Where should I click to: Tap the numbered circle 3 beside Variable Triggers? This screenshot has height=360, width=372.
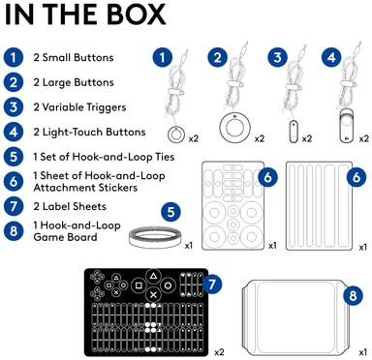pos(14,106)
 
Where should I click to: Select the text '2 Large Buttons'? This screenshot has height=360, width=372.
pos(74,82)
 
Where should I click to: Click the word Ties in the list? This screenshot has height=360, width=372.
pos(164,157)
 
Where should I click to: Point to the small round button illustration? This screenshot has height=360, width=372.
pos(175,135)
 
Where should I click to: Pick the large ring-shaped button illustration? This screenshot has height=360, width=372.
pos(234,128)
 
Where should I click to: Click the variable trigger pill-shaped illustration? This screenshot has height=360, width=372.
pos(294,132)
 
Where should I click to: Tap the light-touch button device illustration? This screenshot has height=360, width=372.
pos(347,126)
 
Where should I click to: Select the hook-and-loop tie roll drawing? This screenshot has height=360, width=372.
pos(154,237)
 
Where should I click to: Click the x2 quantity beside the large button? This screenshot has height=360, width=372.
pos(260,138)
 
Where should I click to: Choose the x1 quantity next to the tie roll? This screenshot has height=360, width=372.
pos(188,246)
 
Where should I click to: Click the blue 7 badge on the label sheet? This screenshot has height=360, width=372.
pos(211,285)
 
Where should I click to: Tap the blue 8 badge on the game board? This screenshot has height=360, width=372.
pos(353,296)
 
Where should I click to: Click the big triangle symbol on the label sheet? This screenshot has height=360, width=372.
pos(154,277)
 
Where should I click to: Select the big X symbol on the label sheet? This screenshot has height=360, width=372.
pos(154,295)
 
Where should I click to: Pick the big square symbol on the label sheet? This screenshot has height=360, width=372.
pos(139,285)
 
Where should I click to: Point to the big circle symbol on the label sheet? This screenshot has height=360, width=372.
pos(168,285)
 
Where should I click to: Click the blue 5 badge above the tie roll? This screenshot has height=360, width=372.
pos(170,212)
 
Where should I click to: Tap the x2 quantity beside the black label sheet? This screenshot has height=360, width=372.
pos(219,351)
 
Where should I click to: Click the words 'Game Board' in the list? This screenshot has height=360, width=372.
pos(65,237)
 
